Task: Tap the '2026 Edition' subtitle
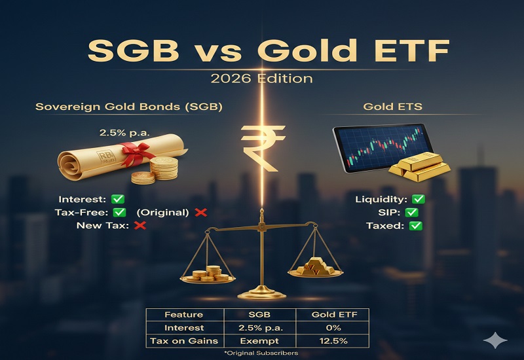point(261,79)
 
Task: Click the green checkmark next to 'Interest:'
point(118,199)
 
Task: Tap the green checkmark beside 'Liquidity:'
point(417,199)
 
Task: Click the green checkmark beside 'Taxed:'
point(415,226)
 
